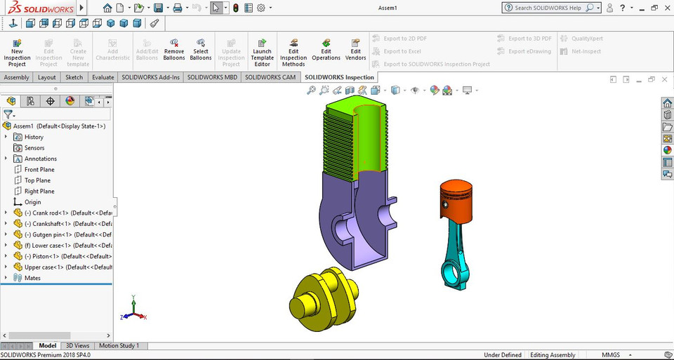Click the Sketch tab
tap(74, 77)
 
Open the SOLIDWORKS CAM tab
tap(270, 77)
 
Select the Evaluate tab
tap(103, 77)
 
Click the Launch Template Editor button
tap(262, 52)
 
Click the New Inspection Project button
tap(17, 52)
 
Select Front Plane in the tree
tap(39, 170)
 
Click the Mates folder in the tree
tap(32, 278)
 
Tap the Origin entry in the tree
tap(32, 202)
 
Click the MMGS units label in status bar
tap(612, 355)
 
